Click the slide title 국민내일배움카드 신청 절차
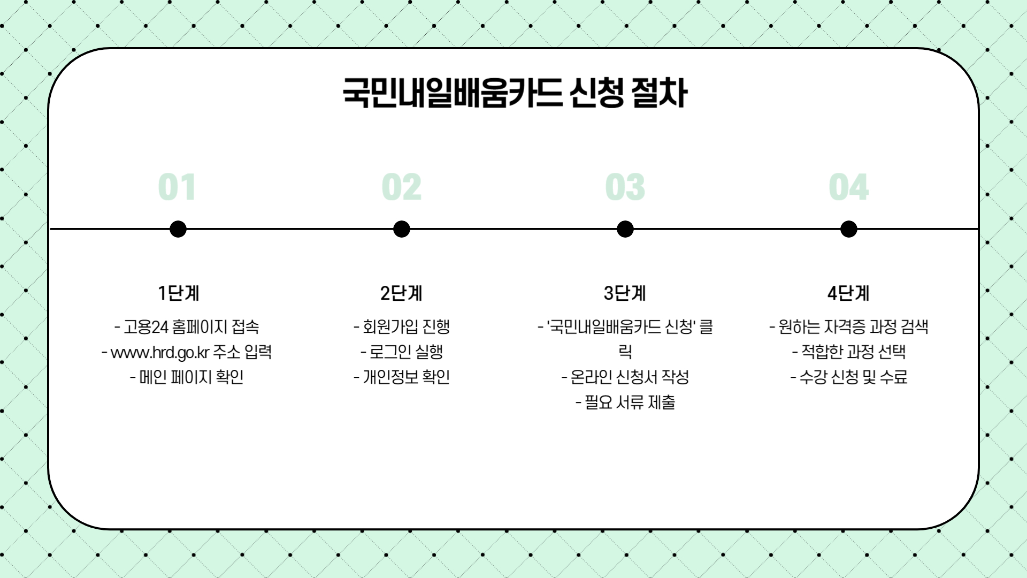click(515, 93)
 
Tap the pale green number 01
click(177, 187)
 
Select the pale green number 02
click(401, 187)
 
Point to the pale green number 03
click(625, 187)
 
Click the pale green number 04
click(848, 187)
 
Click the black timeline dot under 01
click(178, 229)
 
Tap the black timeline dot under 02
click(401, 229)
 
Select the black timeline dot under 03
click(625, 229)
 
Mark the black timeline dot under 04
click(848, 229)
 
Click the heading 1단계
click(178, 293)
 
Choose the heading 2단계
click(401, 293)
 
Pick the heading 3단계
click(625, 293)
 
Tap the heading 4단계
click(848, 293)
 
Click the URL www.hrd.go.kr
click(159, 353)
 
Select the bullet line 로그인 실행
click(406, 352)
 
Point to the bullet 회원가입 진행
click(406, 326)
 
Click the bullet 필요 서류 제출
click(630, 402)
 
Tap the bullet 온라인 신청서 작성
click(630, 377)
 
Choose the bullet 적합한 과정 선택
click(853, 352)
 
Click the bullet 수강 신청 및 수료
click(853, 377)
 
